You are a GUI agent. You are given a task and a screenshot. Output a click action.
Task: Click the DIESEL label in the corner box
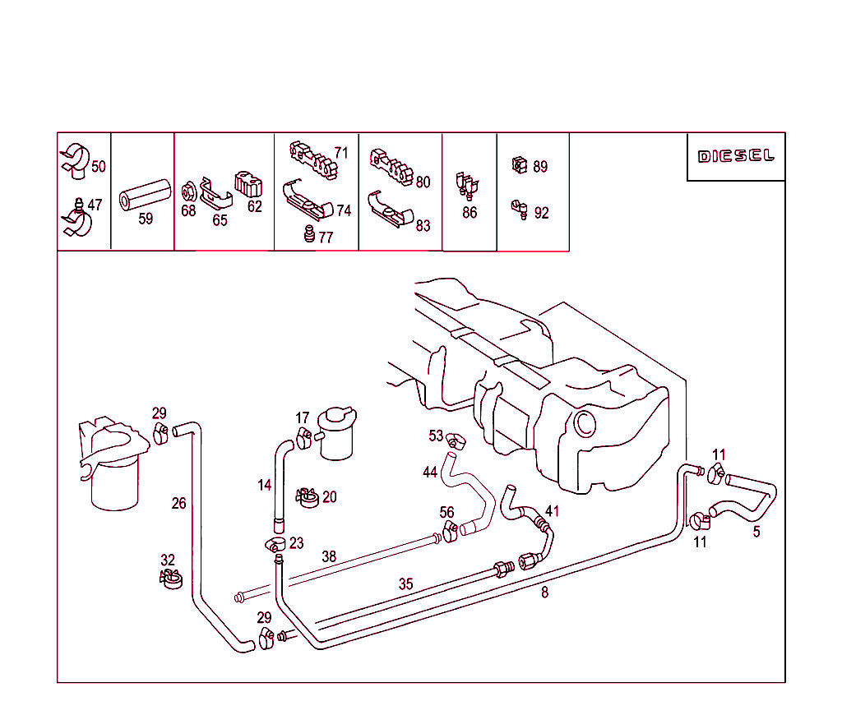(x=736, y=156)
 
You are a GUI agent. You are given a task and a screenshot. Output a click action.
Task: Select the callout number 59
(x=146, y=219)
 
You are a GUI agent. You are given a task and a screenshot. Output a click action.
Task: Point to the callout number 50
(x=99, y=167)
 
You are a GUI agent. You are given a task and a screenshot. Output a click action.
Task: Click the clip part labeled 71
(x=312, y=158)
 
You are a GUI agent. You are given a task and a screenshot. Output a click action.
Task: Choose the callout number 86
(x=470, y=213)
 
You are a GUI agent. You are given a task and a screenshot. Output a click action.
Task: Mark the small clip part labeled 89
(x=520, y=165)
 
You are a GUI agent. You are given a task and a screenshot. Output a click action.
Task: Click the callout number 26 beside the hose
(x=178, y=504)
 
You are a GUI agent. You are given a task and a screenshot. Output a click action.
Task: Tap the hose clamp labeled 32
(x=169, y=579)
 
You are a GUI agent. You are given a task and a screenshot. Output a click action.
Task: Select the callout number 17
(x=303, y=418)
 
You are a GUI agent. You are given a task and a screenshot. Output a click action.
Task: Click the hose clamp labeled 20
(x=308, y=497)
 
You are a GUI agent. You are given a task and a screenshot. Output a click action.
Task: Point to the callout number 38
(x=329, y=556)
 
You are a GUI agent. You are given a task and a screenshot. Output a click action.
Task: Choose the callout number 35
(x=406, y=584)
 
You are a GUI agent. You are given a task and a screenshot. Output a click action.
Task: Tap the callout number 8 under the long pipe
(x=544, y=592)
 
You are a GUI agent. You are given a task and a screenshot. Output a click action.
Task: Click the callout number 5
(x=756, y=532)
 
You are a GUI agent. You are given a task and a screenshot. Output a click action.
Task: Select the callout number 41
(x=552, y=511)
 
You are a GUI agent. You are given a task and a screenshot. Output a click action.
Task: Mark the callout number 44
(x=430, y=473)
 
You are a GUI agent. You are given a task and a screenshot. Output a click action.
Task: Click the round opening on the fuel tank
(x=584, y=424)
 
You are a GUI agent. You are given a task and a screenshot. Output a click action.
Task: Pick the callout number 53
(x=436, y=436)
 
